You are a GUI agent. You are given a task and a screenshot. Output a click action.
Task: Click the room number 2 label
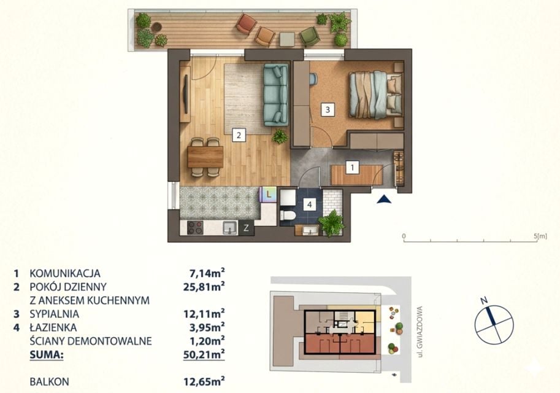[239, 135]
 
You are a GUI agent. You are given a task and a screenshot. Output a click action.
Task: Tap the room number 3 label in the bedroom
[328, 109]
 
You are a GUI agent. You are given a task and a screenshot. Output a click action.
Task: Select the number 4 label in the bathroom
[309, 204]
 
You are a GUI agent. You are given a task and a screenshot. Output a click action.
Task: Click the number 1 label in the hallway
[353, 167]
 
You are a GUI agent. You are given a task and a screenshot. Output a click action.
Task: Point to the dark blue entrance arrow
[384, 199]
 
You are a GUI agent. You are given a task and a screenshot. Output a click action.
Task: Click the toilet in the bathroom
[288, 215]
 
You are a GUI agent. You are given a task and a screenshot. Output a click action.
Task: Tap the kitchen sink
[231, 227]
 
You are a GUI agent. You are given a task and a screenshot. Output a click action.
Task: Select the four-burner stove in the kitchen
[196, 227]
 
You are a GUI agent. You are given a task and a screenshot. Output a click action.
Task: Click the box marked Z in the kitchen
[246, 228]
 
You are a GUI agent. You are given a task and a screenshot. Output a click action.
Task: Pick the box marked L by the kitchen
[269, 195]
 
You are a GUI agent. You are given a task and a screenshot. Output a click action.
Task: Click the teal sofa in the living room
[276, 95]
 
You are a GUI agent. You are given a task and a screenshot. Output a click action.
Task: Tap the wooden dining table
[205, 157]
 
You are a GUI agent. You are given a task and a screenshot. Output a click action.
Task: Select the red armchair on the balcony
[247, 23]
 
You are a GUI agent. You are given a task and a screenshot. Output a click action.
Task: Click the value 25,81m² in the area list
[204, 286]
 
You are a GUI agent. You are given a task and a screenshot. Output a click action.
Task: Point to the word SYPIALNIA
[55, 314]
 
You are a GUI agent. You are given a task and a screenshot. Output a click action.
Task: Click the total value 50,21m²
[204, 354]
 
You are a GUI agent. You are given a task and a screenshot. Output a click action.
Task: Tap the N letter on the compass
[484, 300]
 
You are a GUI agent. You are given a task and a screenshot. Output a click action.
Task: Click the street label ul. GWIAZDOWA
[420, 332]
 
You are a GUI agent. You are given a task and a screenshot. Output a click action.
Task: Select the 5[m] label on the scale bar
[540, 236]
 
